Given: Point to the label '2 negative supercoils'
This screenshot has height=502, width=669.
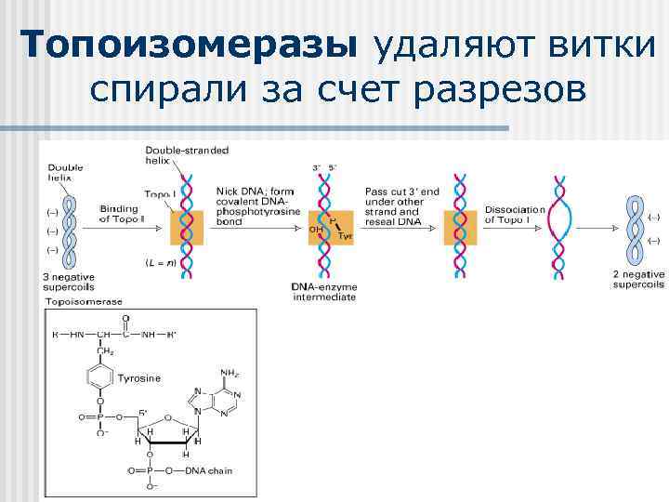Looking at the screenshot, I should [x=638, y=279].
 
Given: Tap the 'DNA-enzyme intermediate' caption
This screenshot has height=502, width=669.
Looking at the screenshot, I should [x=324, y=291].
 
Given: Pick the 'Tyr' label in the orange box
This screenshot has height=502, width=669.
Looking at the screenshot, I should [x=345, y=237].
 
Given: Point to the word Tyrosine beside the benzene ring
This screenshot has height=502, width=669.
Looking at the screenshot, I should [x=138, y=378].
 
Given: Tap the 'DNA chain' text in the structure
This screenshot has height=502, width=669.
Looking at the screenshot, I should [x=208, y=470].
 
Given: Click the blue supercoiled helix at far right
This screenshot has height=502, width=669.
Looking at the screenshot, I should [x=636, y=228].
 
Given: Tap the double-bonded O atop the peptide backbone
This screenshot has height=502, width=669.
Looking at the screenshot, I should [x=125, y=315].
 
